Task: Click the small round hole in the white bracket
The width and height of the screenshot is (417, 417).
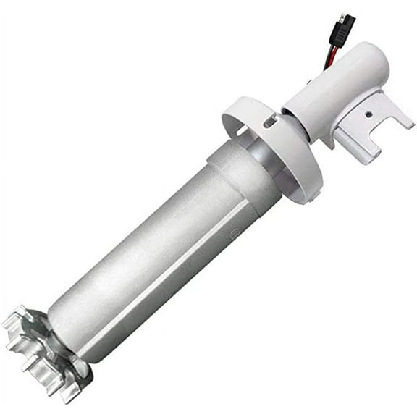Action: [x=368, y=114]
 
